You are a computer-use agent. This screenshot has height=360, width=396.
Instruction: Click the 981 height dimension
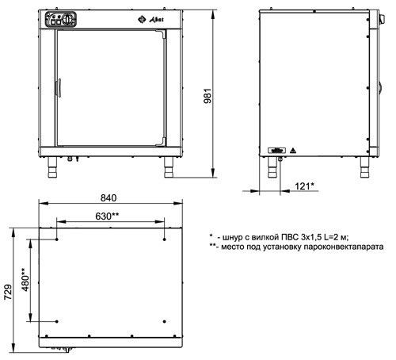tap(208, 95)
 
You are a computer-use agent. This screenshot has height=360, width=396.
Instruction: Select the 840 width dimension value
tap(109, 198)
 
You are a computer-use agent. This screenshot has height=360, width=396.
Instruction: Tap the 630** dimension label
tap(107, 216)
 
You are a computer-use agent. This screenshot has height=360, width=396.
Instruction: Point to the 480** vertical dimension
tap(25, 279)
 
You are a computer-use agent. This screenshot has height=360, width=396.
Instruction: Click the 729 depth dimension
tap(8, 292)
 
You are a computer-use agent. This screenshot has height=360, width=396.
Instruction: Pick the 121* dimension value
tap(304, 186)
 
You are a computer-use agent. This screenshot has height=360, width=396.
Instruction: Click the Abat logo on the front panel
tap(150, 19)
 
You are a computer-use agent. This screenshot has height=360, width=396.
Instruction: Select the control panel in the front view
tap(61, 19)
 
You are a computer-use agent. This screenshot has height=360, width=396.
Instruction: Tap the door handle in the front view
tap(59, 88)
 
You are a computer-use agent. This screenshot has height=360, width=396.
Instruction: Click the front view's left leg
tap(52, 167)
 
